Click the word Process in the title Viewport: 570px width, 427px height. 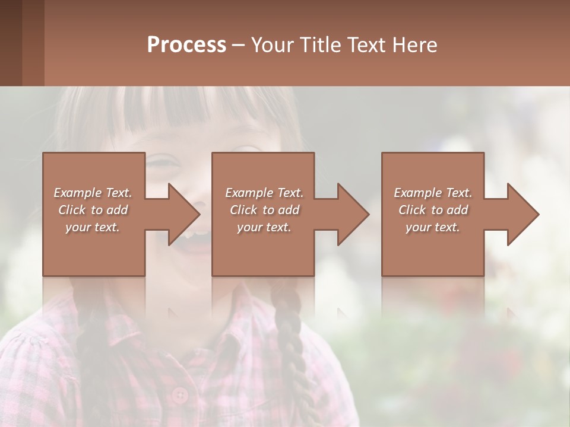click(x=186, y=45)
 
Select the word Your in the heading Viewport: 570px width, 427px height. click(x=273, y=45)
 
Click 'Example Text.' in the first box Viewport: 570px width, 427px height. click(x=93, y=193)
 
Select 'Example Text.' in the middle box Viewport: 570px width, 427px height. click(x=264, y=193)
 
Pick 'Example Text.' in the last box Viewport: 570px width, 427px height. click(x=433, y=193)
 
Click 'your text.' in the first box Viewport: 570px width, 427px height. click(x=93, y=227)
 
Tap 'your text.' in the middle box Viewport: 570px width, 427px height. click(x=264, y=227)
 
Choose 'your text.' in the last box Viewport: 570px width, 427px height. click(x=433, y=227)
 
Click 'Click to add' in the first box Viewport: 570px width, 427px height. click(x=93, y=210)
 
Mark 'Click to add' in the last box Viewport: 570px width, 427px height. click(x=433, y=210)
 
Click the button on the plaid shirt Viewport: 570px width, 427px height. click(x=179, y=394)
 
